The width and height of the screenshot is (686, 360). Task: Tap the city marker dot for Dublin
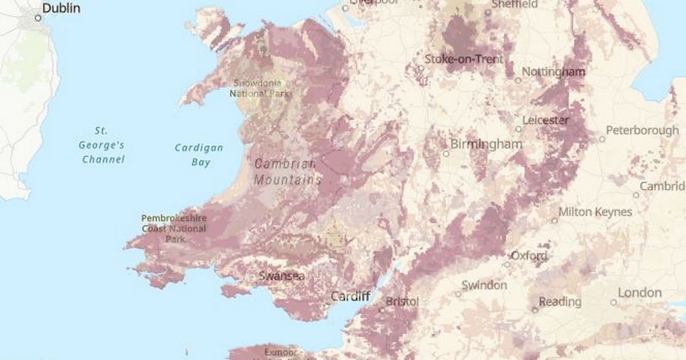point(38,18)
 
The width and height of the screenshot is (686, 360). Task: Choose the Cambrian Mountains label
point(286,171)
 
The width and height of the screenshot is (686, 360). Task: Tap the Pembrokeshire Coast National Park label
point(173,229)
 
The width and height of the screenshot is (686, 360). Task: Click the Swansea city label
point(281,276)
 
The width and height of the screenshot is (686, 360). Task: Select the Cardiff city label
point(350,297)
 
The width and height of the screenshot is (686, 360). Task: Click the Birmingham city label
point(486,144)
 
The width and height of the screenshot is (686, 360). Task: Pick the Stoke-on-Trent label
point(464,59)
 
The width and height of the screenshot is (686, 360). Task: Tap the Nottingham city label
point(553,72)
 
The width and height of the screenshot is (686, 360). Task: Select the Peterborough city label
point(642,130)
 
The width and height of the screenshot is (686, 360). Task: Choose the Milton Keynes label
point(595,212)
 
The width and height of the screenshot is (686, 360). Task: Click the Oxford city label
point(529,255)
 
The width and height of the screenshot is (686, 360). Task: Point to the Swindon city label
point(484,285)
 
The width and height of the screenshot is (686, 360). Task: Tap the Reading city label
point(560,301)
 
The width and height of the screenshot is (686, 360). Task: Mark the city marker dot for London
point(613,302)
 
